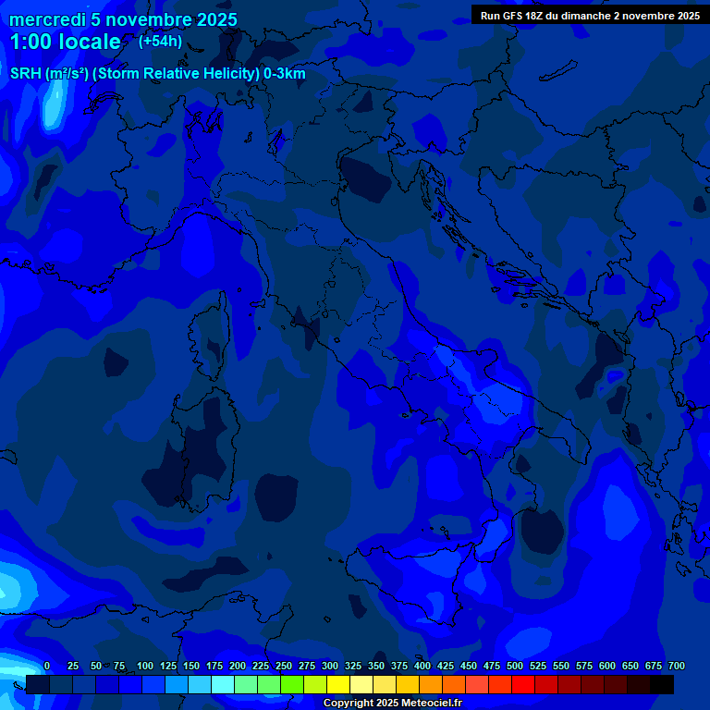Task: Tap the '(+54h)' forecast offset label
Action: click(160, 42)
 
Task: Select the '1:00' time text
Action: click(30, 43)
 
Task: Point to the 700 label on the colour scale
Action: click(677, 666)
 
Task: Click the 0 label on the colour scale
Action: click(47, 666)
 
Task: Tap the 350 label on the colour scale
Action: click(376, 666)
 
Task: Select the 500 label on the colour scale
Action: click(515, 666)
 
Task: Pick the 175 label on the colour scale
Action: click(214, 666)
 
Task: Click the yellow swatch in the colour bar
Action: click(338, 685)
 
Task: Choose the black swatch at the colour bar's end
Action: click(662, 685)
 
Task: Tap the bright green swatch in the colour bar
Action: click(292, 685)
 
